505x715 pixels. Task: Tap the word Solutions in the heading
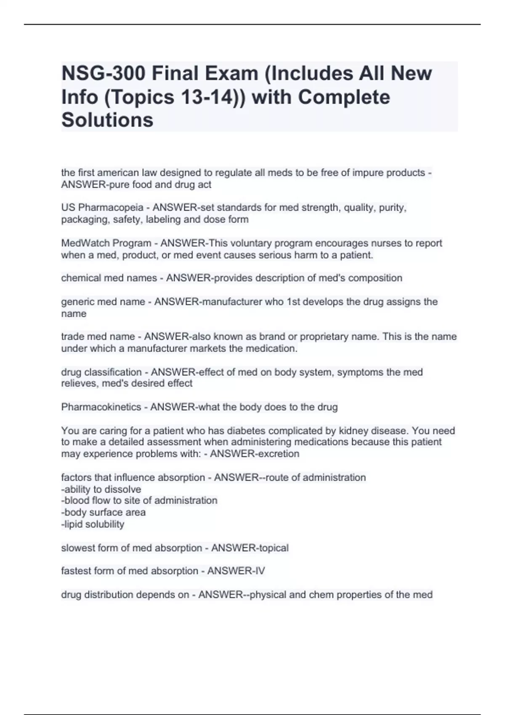pyautogui.click(x=107, y=120)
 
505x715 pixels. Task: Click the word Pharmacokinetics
pyautogui.click(x=101, y=407)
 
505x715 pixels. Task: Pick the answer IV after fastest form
pyautogui.click(x=260, y=571)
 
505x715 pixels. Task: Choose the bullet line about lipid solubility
pyautogui.click(x=93, y=524)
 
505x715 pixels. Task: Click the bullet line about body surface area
pyautogui.click(x=104, y=512)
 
